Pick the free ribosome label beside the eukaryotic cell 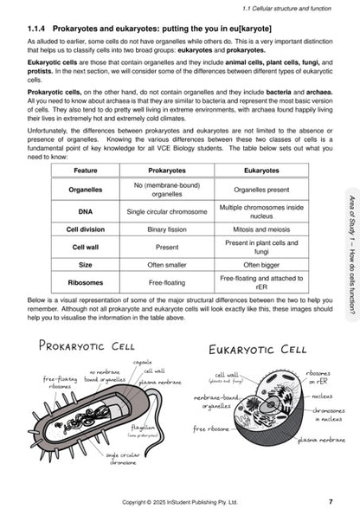click(x=212, y=428)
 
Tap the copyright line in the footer click(x=180, y=501)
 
